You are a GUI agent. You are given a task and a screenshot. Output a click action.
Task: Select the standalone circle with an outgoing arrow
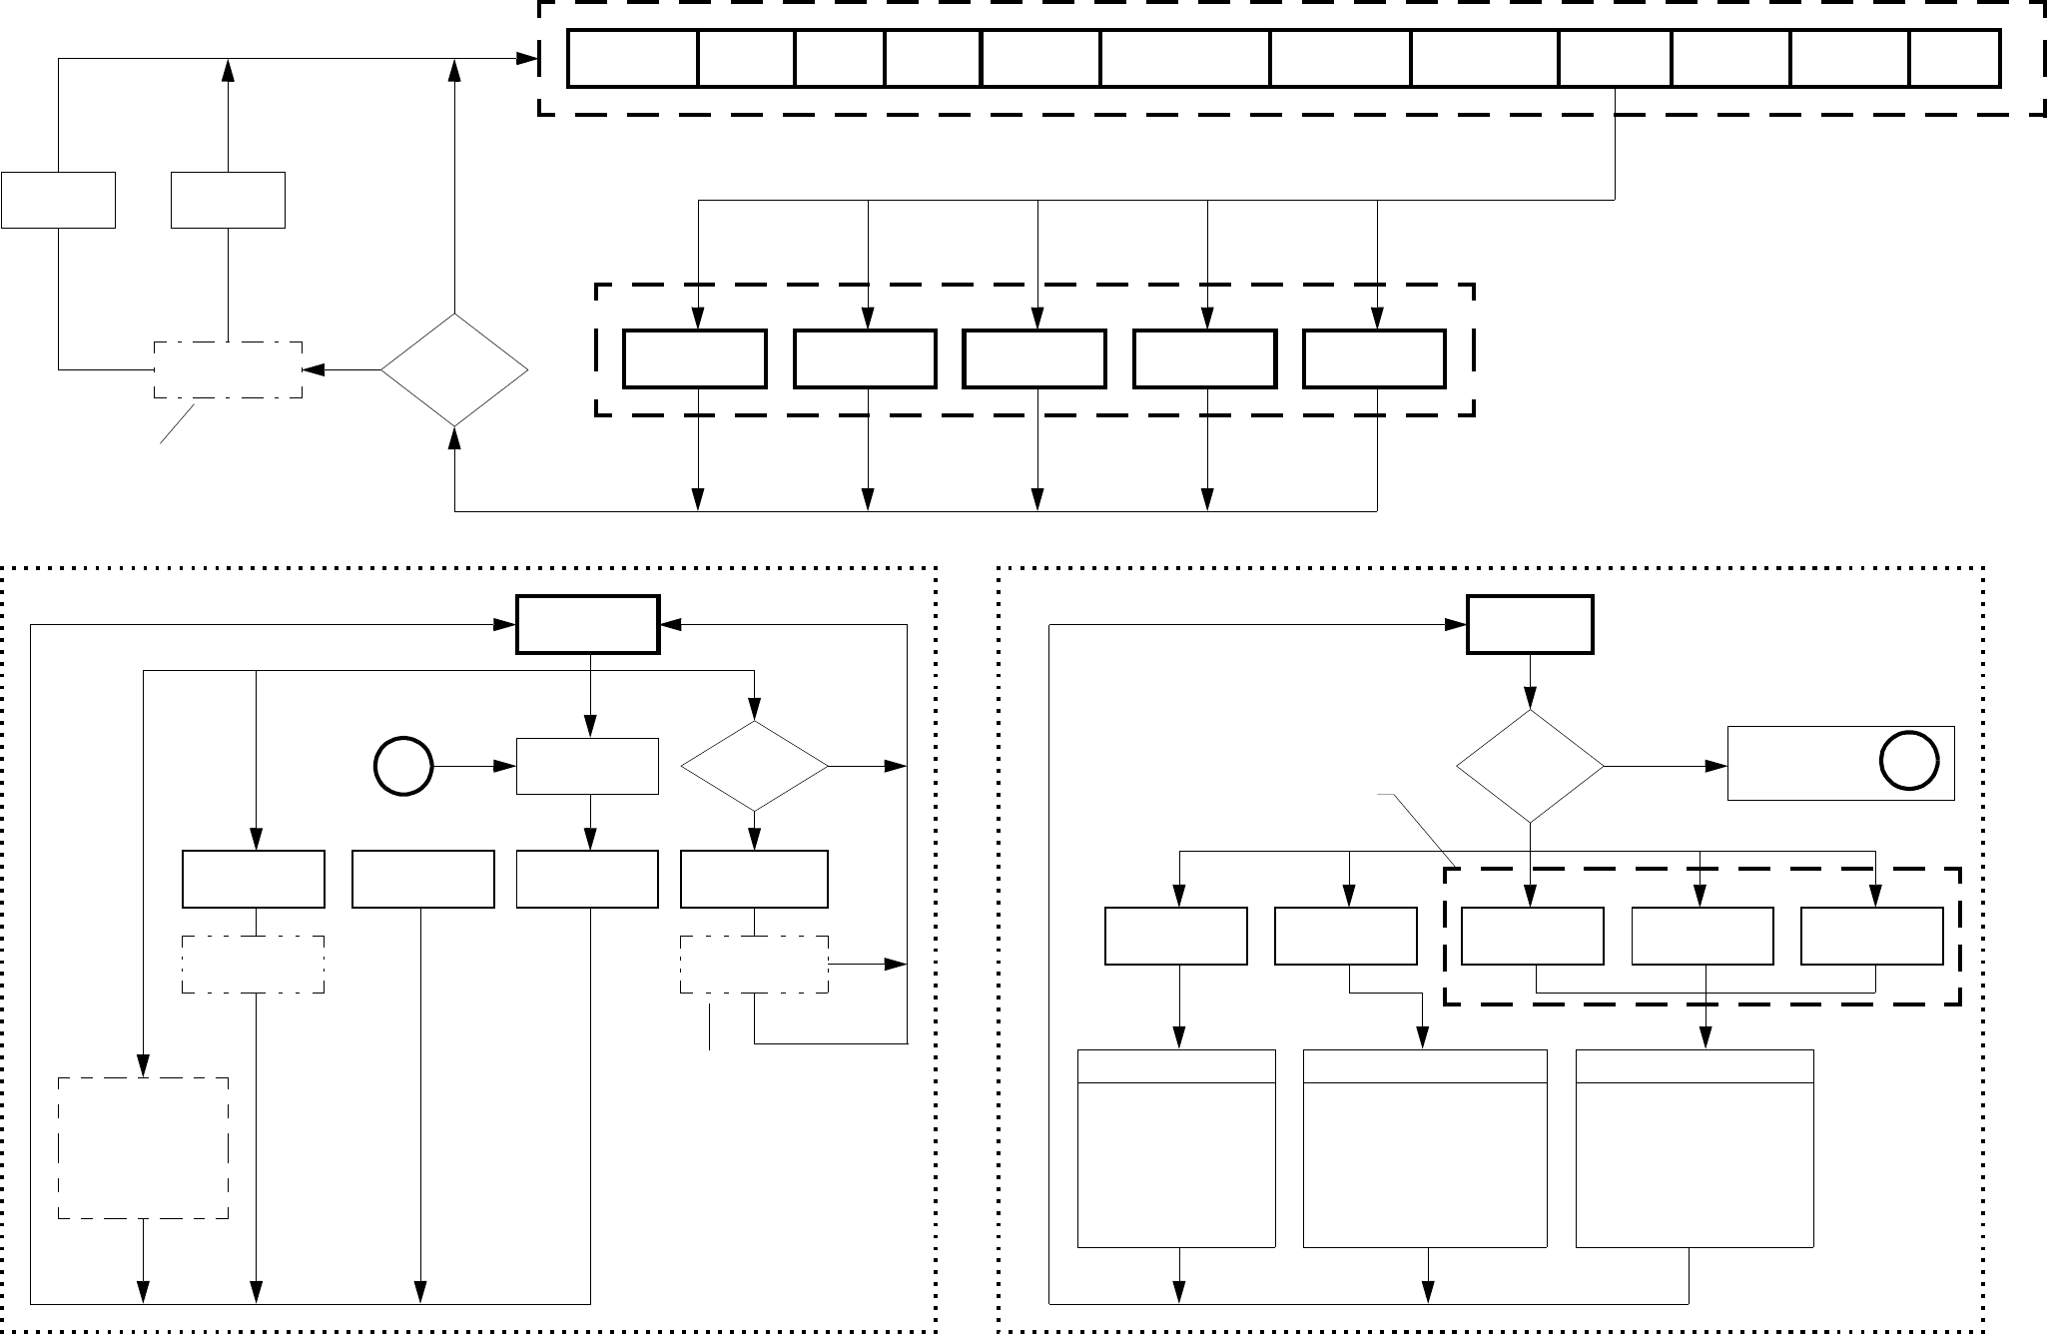tap(402, 767)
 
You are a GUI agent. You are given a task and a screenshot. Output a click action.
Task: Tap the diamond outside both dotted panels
tap(454, 370)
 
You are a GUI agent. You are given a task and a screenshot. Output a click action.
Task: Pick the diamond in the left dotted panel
tap(754, 766)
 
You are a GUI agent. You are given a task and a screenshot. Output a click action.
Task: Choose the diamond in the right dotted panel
tap(1530, 766)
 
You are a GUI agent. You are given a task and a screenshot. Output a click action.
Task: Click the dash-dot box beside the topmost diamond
tap(228, 370)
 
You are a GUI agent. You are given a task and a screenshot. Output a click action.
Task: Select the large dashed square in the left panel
tap(143, 1147)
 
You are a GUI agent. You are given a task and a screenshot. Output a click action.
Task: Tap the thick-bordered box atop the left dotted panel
tap(587, 625)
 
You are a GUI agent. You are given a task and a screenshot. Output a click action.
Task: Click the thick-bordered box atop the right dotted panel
tap(1529, 625)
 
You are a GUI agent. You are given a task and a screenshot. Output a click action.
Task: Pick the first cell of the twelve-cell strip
tap(632, 59)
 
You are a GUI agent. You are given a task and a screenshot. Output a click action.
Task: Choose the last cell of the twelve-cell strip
tap(1954, 59)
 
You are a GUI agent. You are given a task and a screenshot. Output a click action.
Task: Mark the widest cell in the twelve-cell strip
tap(1185, 59)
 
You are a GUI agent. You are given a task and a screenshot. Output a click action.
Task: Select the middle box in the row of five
tap(1034, 358)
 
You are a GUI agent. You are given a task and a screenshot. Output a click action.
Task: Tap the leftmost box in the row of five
tap(695, 358)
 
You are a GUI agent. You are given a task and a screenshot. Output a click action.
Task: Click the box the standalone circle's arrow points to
tap(587, 767)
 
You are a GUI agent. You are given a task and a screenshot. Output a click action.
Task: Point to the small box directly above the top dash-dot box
tap(228, 200)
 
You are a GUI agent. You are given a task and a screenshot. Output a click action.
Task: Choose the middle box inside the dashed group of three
tap(1702, 936)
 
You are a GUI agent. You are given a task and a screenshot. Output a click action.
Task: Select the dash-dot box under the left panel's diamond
tap(754, 965)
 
